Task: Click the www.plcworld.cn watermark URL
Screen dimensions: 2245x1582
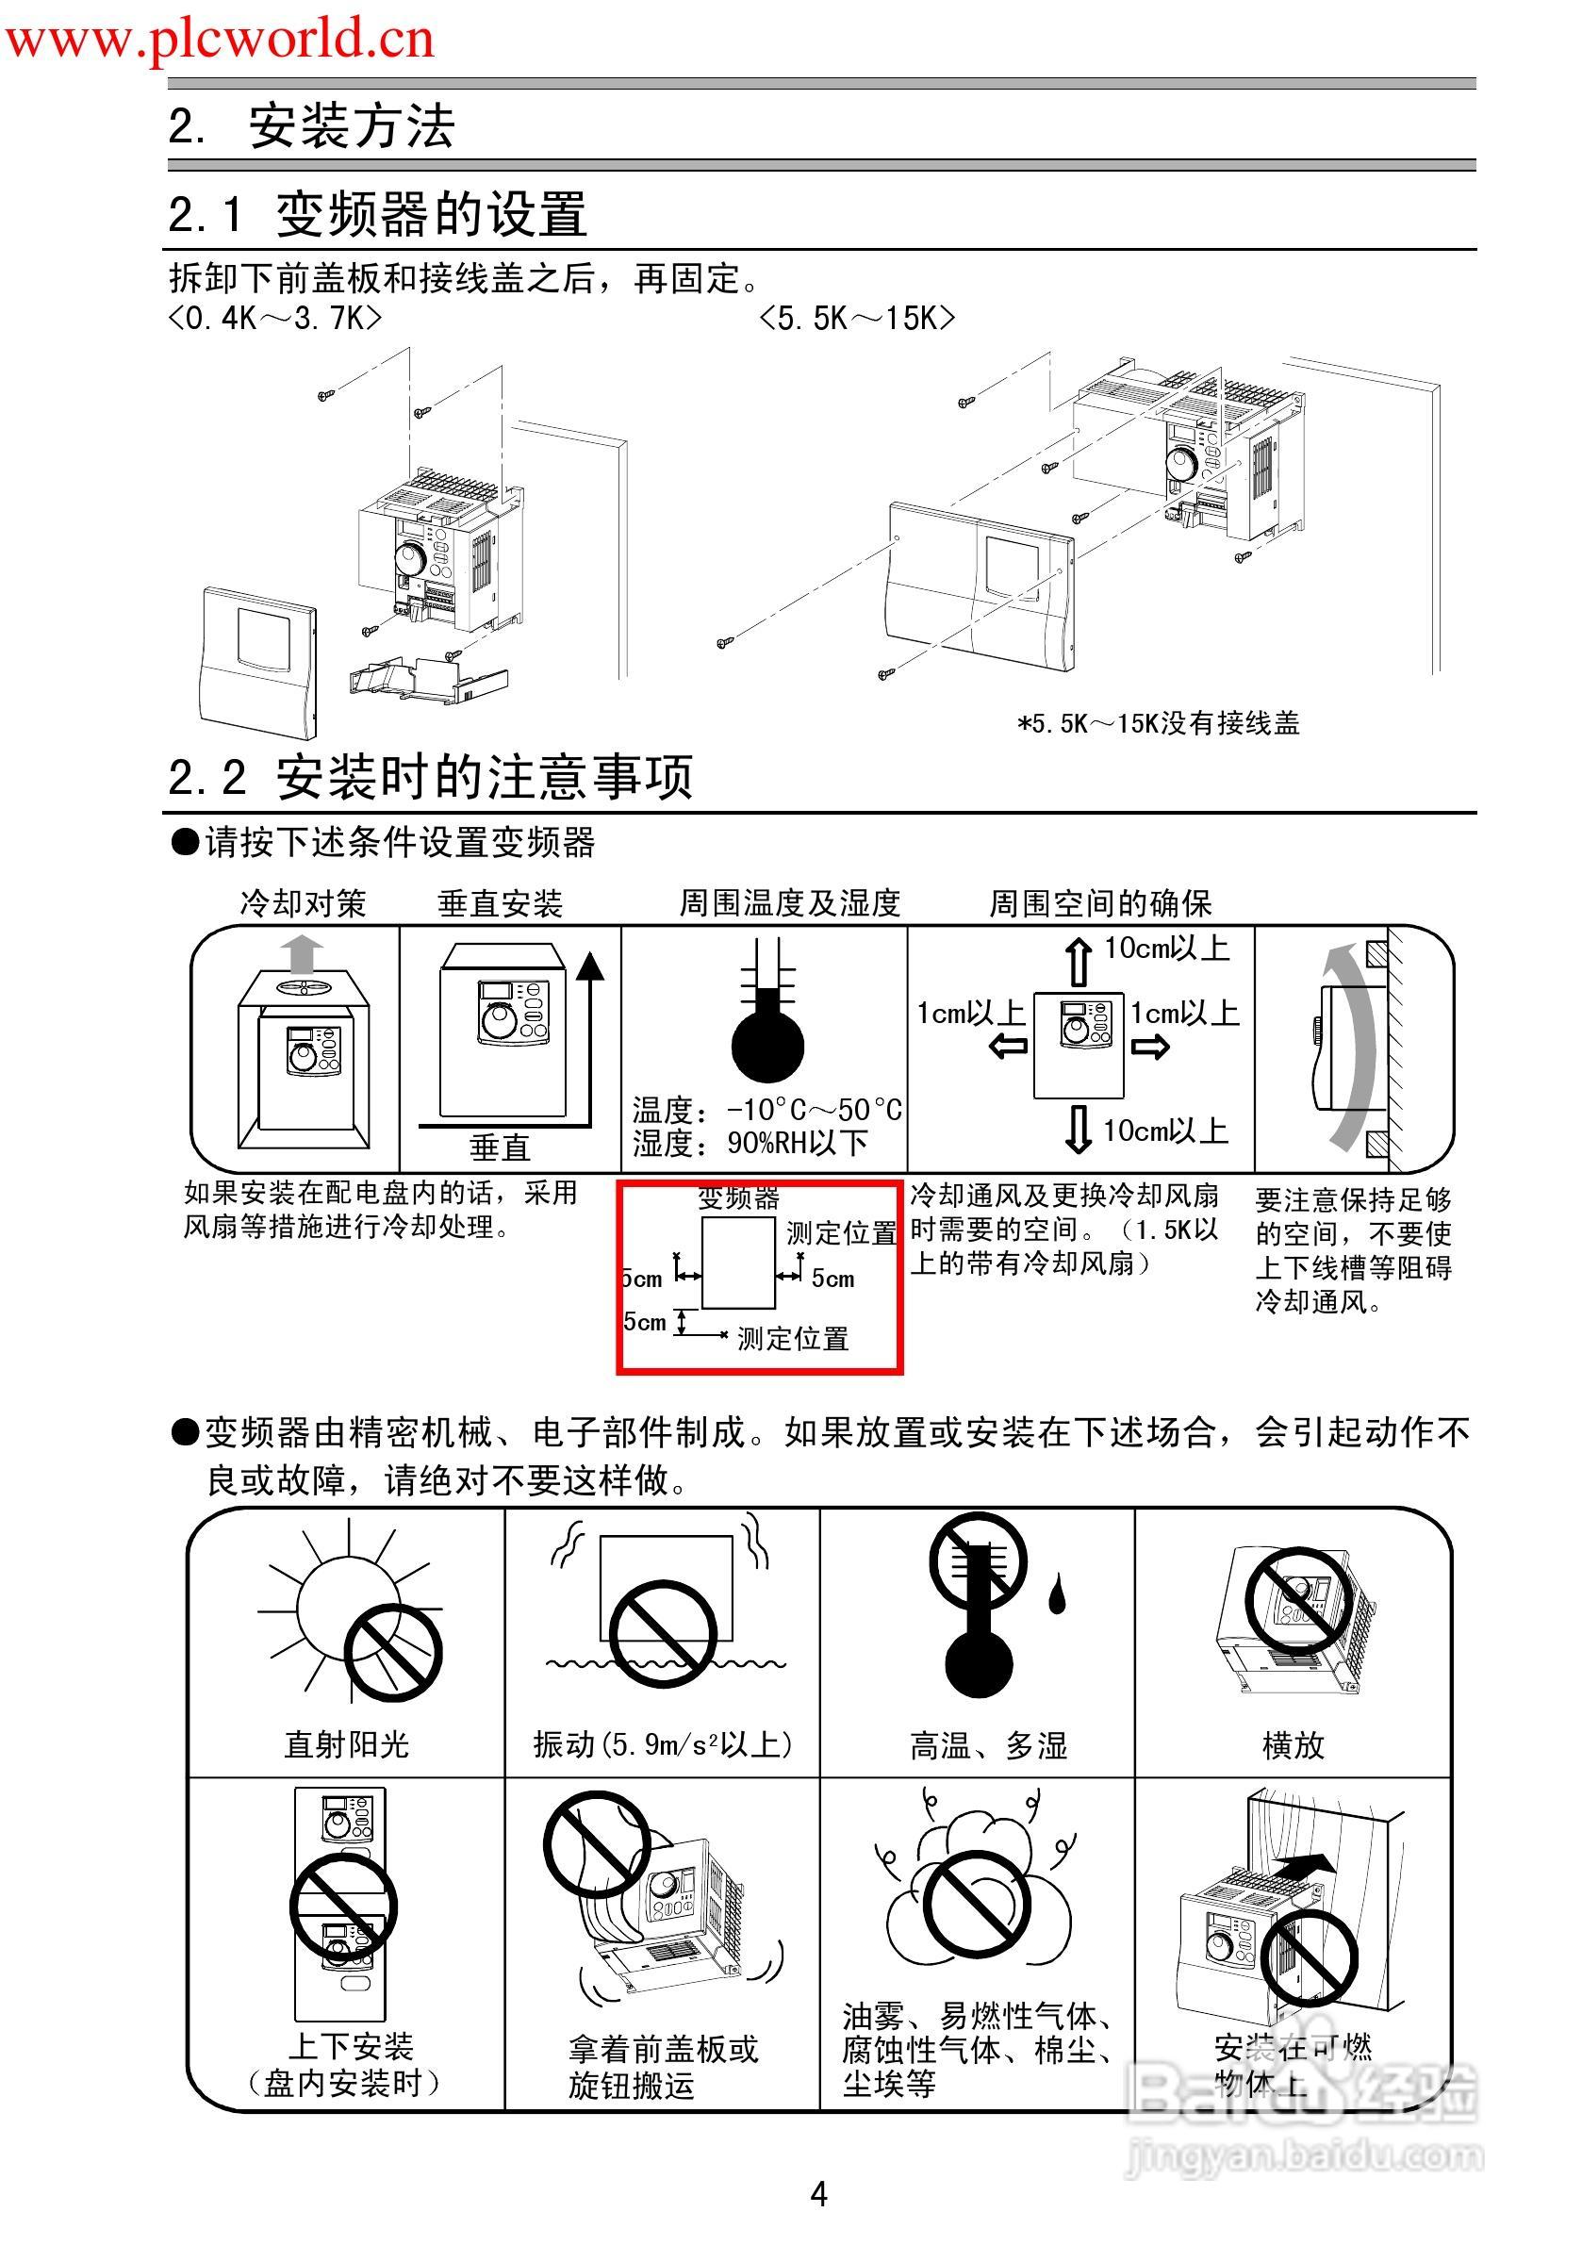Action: point(220,39)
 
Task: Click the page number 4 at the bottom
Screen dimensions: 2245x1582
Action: point(818,2194)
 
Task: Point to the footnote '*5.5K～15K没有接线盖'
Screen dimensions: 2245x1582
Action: point(1158,723)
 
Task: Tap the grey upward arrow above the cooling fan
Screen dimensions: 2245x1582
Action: point(302,953)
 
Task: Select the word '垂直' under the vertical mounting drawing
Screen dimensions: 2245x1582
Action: point(499,1147)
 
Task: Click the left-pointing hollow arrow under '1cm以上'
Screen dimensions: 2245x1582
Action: point(1008,1048)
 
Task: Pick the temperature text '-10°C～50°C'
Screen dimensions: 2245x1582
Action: point(814,1110)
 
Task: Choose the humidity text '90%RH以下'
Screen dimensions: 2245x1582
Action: point(797,1143)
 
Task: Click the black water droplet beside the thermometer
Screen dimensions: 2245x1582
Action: point(1057,1593)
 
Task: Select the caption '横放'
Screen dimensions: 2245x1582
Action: point(1293,1744)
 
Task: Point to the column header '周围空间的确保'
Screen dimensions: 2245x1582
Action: point(1100,903)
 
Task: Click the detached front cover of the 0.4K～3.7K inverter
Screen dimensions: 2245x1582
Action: point(260,662)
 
